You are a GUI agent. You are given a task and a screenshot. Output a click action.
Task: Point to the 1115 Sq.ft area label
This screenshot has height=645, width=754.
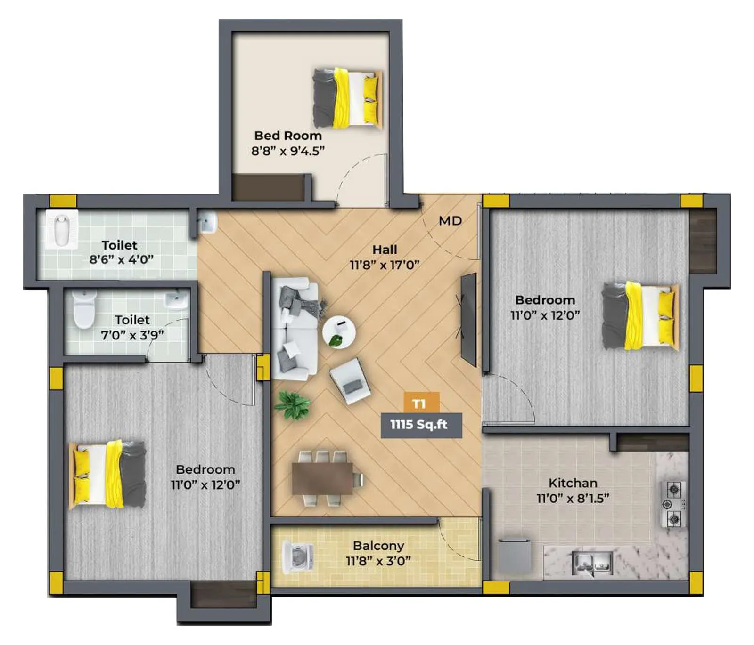click(x=419, y=425)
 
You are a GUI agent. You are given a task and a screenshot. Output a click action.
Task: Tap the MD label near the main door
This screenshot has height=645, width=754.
click(x=450, y=221)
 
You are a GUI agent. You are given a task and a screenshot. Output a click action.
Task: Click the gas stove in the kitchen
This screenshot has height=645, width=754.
click(x=674, y=504)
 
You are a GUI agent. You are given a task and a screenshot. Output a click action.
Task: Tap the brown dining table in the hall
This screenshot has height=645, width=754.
click(x=322, y=478)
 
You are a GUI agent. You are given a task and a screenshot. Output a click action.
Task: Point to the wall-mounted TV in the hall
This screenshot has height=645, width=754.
click(x=468, y=319)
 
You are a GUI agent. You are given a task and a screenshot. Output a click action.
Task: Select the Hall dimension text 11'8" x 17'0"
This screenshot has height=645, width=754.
click(x=385, y=265)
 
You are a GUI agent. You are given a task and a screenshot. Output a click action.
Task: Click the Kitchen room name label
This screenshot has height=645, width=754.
click(x=573, y=483)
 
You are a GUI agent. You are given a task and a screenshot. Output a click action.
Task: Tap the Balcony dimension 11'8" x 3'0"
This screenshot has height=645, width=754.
click(x=378, y=561)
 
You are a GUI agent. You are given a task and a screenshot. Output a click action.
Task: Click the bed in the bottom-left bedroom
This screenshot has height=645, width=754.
click(x=107, y=475)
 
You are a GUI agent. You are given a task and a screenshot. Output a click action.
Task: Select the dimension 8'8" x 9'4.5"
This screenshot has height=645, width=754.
click(x=287, y=151)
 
